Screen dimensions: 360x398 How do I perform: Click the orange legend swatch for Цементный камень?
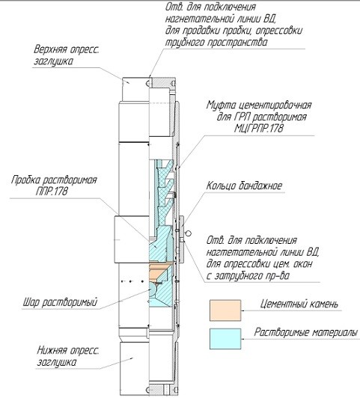point(225,310)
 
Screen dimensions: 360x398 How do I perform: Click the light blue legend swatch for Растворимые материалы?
point(225,339)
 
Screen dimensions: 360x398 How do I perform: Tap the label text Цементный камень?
point(299,304)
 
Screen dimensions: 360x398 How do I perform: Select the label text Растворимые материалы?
point(306,332)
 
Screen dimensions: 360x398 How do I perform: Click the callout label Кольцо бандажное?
point(244,186)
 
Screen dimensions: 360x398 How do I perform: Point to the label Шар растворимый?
point(60,302)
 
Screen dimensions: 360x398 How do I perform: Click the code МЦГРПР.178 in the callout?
point(259,129)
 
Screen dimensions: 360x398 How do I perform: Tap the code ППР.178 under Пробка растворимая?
point(52,191)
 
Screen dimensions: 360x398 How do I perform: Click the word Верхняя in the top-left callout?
point(50,49)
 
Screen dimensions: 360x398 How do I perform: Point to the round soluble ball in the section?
point(154,290)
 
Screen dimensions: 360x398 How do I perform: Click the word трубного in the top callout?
point(184,43)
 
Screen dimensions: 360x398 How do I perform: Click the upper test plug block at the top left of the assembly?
point(135,90)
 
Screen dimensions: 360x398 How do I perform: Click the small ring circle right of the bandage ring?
point(189,233)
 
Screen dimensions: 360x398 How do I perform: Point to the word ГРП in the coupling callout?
point(240,117)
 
